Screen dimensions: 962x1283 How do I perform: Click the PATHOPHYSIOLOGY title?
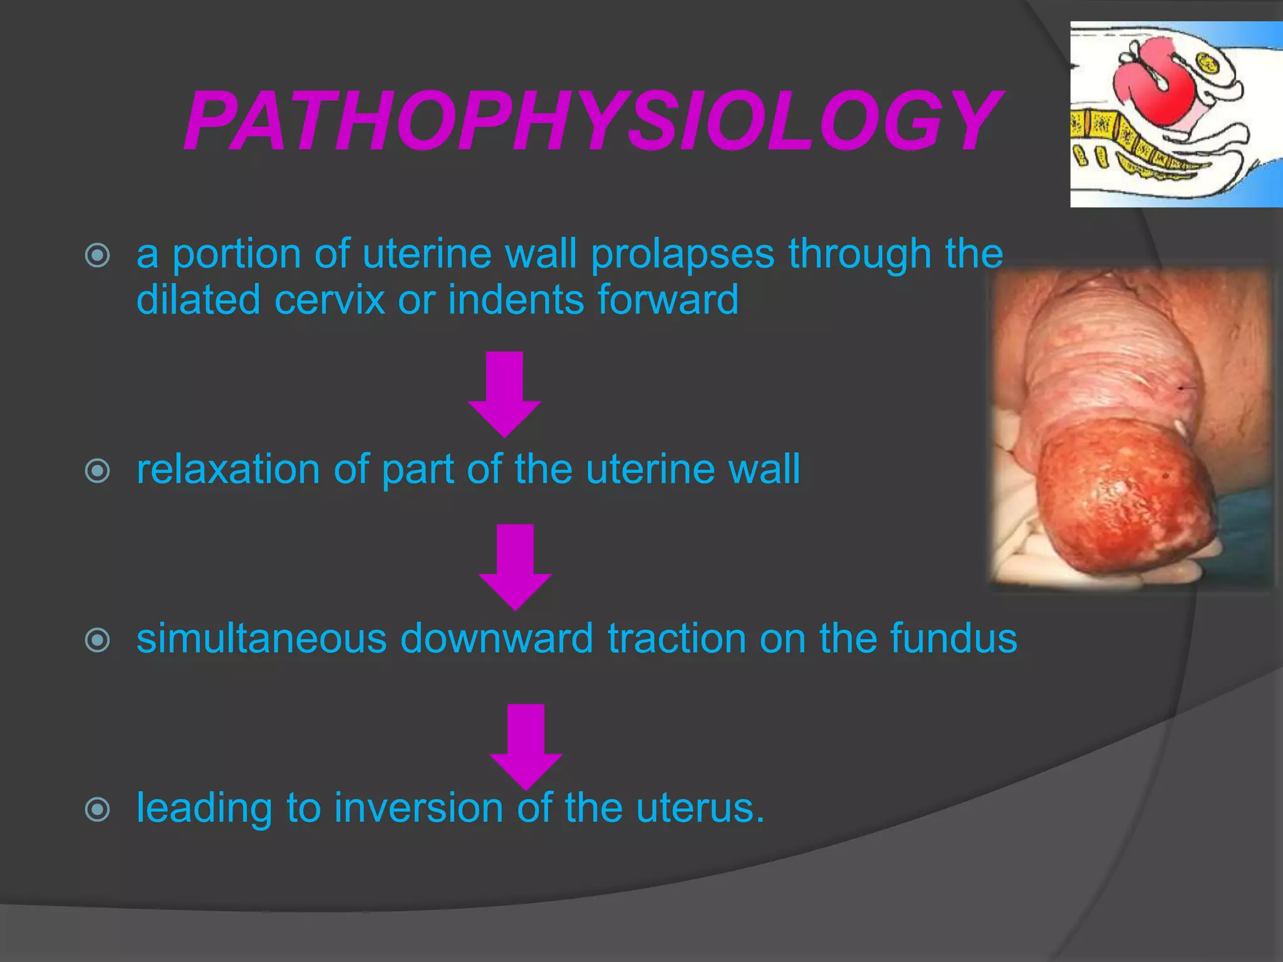click(x=592, y=121)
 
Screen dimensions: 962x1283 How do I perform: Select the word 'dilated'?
click(x=198, y=299)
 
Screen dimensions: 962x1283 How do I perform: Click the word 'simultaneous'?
click(x=261, y=638)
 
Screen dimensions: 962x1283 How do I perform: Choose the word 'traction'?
click(x=676, y=638)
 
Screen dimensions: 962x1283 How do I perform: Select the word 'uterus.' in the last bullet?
click(x=700, y=807)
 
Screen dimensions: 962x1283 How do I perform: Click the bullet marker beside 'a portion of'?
click(x=98, y=255)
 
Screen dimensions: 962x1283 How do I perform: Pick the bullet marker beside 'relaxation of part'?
click(x=98, y=471)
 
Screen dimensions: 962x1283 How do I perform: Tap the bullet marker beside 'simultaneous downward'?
click(x=98, y=640)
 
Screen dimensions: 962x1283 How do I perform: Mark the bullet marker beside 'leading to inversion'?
click(x=98, y=809)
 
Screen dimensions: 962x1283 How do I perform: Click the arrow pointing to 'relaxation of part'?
click(x=504, y=395)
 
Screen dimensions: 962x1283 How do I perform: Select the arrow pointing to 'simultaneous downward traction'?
click(x=515, y=567)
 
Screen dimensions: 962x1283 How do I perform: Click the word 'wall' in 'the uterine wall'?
click(x=764, y=469)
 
